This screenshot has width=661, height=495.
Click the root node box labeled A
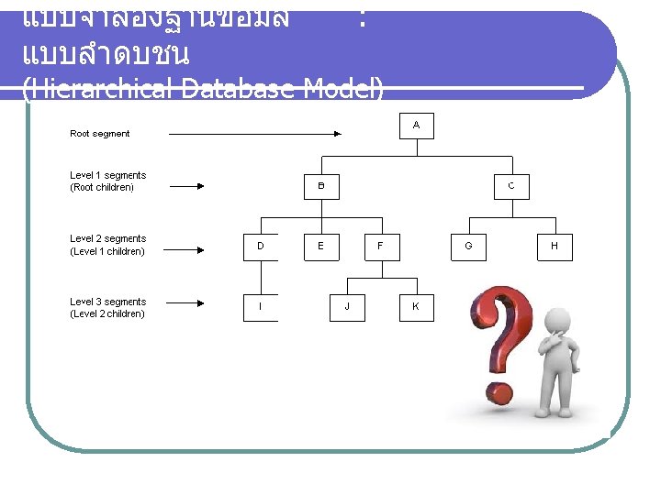pos(416,125)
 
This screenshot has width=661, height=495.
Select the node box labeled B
pos(321,186)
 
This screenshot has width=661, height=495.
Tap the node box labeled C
pos(511,186)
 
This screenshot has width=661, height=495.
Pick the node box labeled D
pos(261,246)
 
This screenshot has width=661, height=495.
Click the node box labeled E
pos(320,246)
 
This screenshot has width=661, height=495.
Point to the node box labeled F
pos(380,246)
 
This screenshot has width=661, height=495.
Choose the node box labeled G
pos(469,246)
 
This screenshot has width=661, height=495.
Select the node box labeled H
pos(555,246)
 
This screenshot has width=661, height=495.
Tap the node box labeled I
pos(261,306)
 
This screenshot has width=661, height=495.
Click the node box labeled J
pos(347,306)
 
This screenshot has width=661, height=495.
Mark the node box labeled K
pos(416,306)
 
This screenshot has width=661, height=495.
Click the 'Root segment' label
pos(100,134)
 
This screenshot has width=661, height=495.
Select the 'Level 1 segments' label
pos(107,175)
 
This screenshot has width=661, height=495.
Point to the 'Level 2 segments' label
pos(107,239)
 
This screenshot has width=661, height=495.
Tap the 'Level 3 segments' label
pos(107,302)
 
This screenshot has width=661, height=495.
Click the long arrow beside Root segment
pos(257,134)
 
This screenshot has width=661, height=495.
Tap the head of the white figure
pos(559,320)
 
